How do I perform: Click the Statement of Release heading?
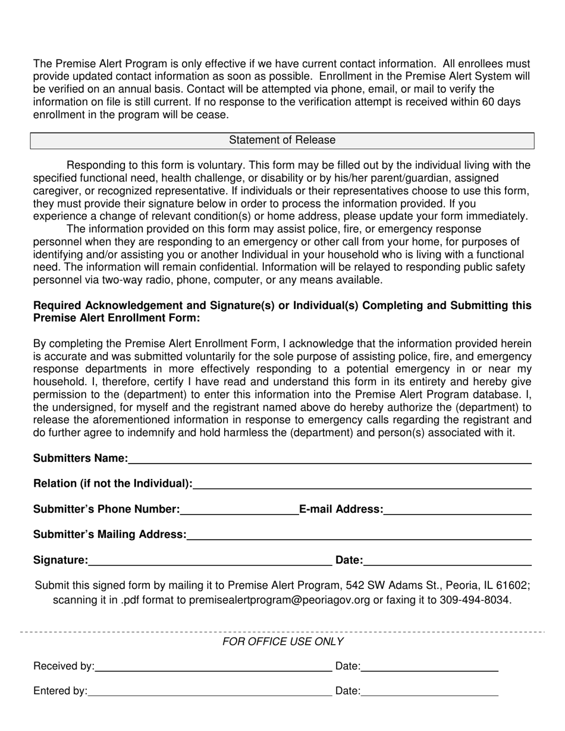click(282, 140)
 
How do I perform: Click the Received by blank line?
click(213, 666)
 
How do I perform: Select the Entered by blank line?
click(209, 691)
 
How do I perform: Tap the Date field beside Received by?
click(429, 666)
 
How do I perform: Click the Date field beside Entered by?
click(429, 691)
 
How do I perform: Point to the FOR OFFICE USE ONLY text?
click(282, 641)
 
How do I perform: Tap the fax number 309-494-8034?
click(475, 600)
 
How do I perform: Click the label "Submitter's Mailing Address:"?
click(109, 534)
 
